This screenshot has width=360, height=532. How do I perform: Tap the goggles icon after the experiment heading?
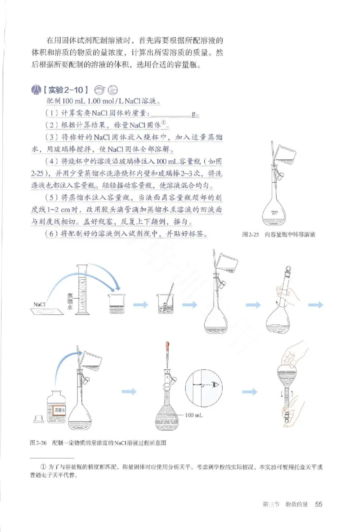[x=101, y=89]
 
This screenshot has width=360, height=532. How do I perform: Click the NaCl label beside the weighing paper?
[x=39, y=304]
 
